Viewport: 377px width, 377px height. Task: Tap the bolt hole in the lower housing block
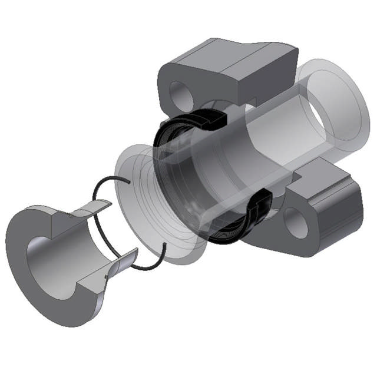click(x=296, y=222)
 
